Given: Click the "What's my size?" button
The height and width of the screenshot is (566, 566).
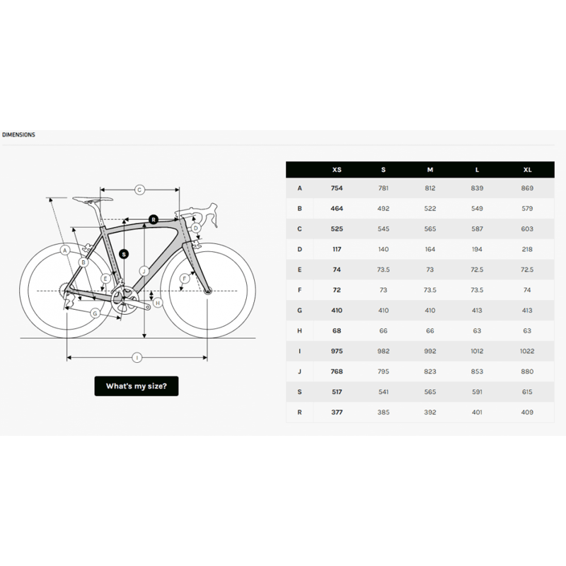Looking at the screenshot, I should point(136,386).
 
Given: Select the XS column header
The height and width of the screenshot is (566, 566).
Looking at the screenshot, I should point(337,170).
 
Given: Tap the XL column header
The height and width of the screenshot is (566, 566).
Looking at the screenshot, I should point(528,170).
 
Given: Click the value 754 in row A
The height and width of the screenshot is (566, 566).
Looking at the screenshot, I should point(337,188).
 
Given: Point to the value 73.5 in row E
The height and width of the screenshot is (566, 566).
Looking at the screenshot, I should point(383,270).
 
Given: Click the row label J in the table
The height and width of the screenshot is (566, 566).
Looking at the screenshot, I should point(300,371).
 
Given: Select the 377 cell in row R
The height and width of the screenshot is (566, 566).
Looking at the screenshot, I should point(337,412).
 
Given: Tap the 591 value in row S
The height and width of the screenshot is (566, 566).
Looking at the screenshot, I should point(478,391).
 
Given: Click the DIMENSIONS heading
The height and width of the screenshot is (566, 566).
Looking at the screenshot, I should point(18,134).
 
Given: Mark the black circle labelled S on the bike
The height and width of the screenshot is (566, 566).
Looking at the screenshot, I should point(124,253).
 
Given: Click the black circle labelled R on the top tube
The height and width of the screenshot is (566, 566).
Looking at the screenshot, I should point(154,219).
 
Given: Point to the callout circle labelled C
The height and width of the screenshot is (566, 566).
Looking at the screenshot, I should point(139,190).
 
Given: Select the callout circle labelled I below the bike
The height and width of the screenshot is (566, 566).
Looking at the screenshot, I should point(137,358).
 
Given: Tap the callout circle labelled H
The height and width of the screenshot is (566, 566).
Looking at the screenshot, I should point(158,302).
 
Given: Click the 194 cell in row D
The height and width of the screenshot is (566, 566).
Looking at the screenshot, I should point(478,249).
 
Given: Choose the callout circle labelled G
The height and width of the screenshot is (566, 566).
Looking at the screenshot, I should point(94,313).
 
